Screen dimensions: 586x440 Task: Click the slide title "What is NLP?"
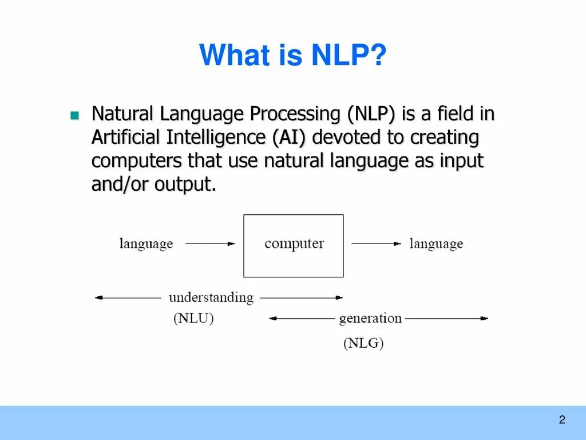(x=293, y=56)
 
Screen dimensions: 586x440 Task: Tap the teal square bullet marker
(x=74, y=115)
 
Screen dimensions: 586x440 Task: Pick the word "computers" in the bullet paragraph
(x=136, y=161)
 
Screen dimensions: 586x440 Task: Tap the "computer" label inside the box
(x=294, y=243)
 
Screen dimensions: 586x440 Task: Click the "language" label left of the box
(x=146, y=244)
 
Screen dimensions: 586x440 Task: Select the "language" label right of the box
(x=436, y=244)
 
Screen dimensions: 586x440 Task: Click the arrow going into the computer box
(x=210, y=243)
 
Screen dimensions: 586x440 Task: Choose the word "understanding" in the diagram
(x=211, y=297)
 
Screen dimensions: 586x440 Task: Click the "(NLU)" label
(x=193, y=319)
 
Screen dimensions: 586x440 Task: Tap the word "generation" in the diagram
(x=370, y=318)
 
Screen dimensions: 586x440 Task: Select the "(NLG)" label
(x=363, y=343)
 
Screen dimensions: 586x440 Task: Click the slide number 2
(x=562, y=420)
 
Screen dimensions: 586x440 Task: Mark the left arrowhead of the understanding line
(x=98, y=297)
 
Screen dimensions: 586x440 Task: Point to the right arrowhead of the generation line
(x=485, y=318)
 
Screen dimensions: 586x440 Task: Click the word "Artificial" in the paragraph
(x=126, y=138)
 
